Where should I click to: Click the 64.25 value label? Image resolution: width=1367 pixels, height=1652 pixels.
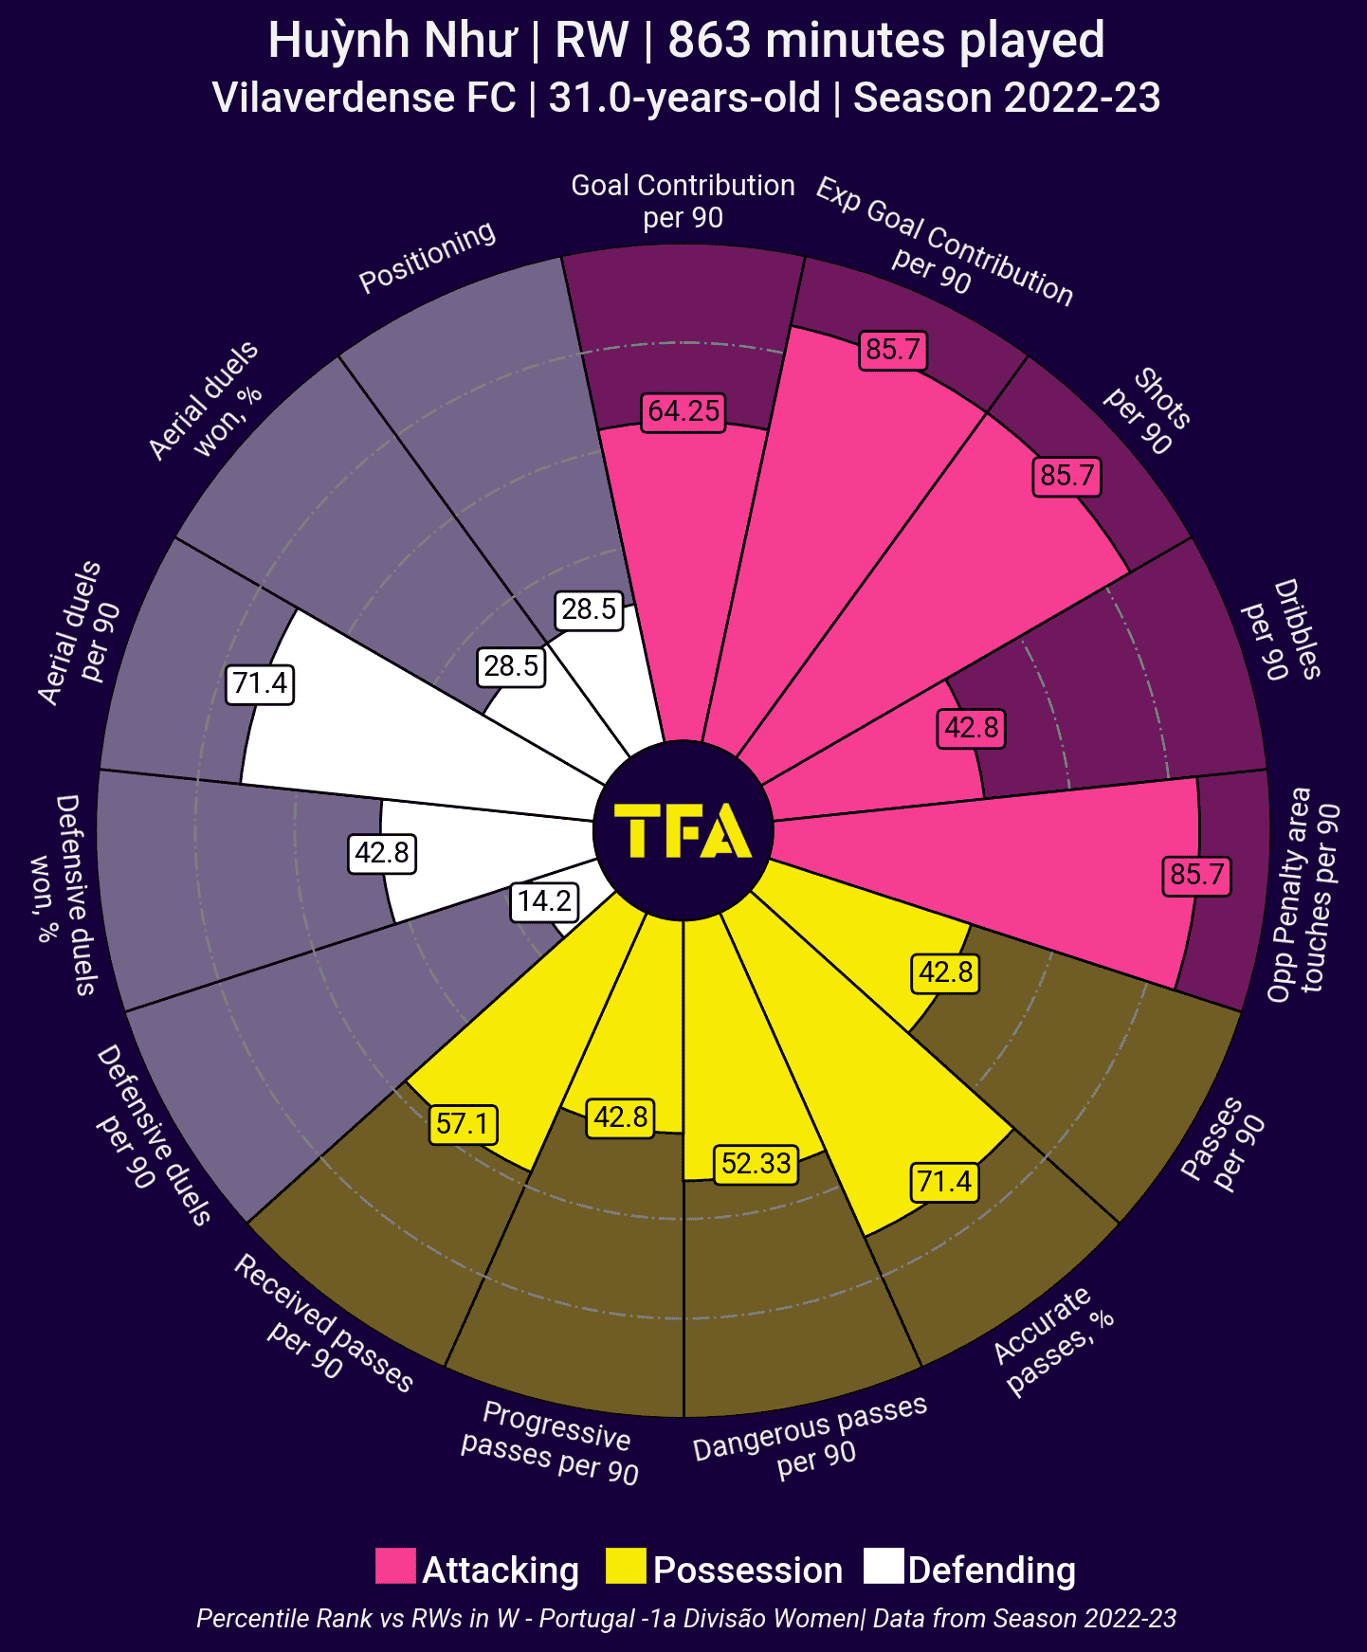click(683, 411)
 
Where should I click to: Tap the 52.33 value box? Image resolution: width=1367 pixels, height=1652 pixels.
click(756, 1163)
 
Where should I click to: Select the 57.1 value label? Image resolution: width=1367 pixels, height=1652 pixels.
click(463, 1124)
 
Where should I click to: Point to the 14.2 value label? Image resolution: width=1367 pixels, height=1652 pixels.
click(545, 900)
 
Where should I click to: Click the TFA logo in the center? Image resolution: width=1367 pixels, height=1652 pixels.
click(683, 831)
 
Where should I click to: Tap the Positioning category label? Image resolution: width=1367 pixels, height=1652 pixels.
click(428, 256)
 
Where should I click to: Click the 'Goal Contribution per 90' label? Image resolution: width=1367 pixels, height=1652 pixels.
click(683, 201)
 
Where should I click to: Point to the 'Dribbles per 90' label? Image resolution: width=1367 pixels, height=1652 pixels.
click(1283, 630)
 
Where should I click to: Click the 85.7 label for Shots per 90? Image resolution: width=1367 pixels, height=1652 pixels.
click(1067, 475)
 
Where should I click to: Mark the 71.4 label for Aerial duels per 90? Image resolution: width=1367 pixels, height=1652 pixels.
click(260, 683)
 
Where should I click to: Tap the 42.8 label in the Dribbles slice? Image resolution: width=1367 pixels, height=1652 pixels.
click(972, 728)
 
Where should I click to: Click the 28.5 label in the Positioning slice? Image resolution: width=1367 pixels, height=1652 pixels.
click(589, 608)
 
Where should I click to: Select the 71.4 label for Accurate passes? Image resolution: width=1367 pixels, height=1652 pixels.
click(944, 1182)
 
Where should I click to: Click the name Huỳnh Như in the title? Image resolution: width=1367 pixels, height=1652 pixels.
click(392, 41)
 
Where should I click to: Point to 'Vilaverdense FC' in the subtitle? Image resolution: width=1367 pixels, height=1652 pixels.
click(364, 98)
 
